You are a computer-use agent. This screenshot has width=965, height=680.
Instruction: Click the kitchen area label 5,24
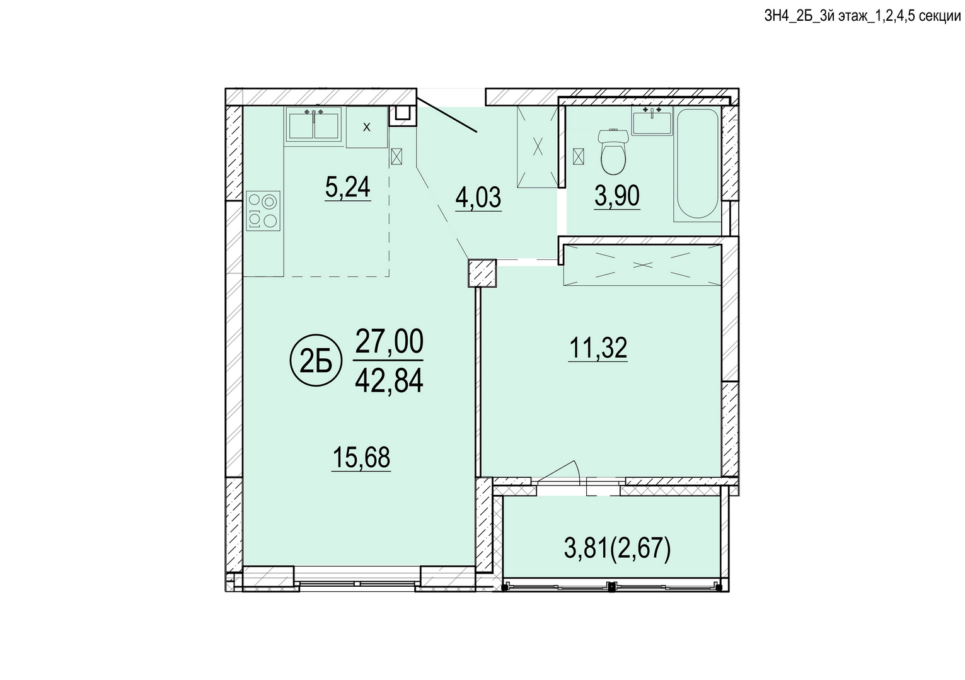[x=348, y=188]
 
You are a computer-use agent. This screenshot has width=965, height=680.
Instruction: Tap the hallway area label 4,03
[x=478, y=198]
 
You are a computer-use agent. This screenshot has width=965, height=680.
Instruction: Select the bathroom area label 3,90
[x=617, y=196]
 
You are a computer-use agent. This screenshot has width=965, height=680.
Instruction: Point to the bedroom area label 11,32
[x=598, y=348]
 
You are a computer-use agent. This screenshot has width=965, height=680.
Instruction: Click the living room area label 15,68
[x=361, y=458]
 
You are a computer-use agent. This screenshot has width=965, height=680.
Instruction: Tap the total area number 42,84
[x=389, y=382]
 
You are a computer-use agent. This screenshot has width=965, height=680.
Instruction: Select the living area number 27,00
[x=389, y=341]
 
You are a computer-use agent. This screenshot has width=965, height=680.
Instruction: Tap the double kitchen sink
[x=313, y=125]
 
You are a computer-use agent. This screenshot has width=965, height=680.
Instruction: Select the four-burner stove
[x=263, y=211]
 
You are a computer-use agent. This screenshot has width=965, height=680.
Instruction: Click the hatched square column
[x=482, y=273]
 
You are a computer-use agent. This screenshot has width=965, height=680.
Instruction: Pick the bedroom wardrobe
[x=642, y=265]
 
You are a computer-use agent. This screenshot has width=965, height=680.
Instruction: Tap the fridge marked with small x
[x=367, y=127]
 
